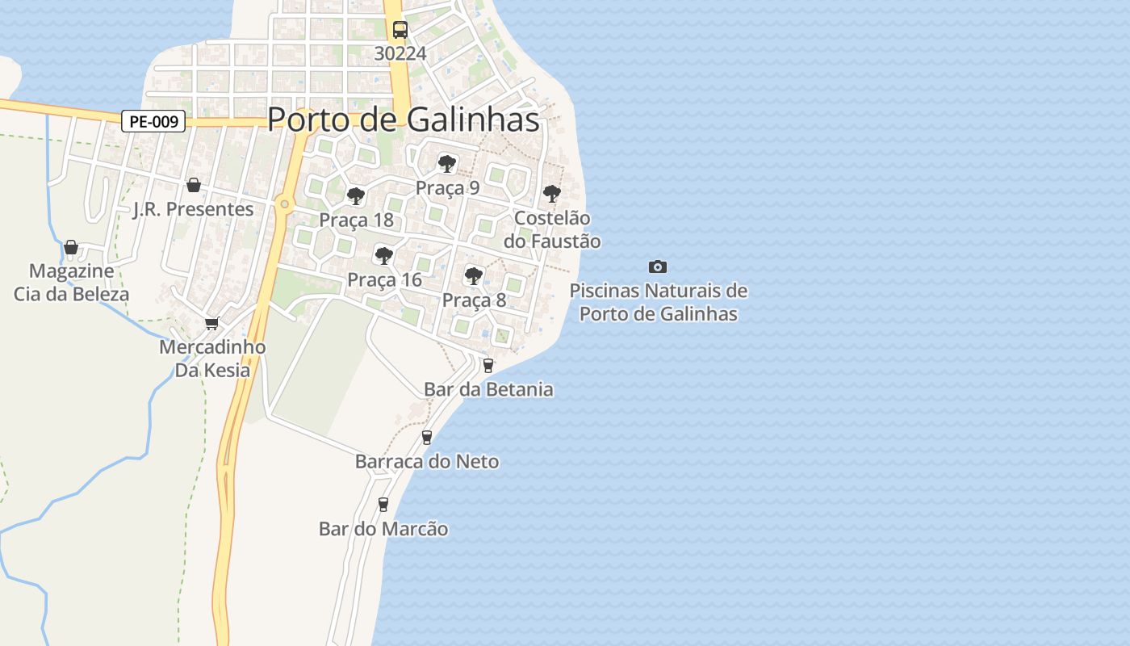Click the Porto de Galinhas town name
(x=403, y=120)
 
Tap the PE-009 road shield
(x=153, y=122)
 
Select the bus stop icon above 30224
(x=400, y=30)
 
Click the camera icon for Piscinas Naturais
(x=658, y=266)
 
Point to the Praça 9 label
(x=447, y=188)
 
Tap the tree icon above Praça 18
(x=355, y=195)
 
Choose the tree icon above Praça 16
(x=384, y=256)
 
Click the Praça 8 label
(x=474, y=300)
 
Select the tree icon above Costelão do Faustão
(x=552, y=194)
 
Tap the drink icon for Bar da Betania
(x=488, y=365)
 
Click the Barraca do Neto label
(x=427, y=462)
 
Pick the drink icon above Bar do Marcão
(x=383, y=505)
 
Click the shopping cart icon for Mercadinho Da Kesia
(x=212, y=323)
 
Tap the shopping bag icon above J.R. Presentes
(x=194, y=185)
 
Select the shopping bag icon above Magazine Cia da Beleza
(x=71, y=246)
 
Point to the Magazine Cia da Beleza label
(x=71, y=282)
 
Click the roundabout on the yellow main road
(x=284, y=204)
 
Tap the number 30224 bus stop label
(x=400, y=53)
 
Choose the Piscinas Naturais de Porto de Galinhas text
(x=659, y=302)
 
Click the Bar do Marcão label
(x=383, y=529)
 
